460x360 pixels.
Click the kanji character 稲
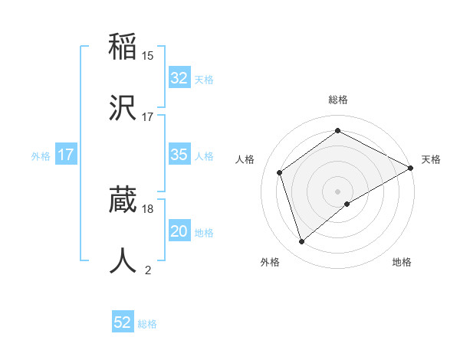[x=123, y=47]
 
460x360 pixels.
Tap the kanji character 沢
[x=123, y=106]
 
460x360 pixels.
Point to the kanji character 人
[x=123, y=260]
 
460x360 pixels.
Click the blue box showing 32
[x=179, y=78]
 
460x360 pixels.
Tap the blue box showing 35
[x=179, y=155]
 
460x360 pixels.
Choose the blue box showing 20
[x=179, y=231]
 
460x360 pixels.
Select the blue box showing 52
[x=123, y=322]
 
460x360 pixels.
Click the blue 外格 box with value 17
[x=66, y=155]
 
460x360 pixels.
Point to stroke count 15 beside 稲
[x=148, y=56]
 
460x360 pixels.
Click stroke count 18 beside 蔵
[x=148, y=208]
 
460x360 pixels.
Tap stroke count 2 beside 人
[x=148, y=270]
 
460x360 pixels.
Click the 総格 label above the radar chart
[x=338, y=100]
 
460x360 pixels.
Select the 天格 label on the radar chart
[x=432, y=159]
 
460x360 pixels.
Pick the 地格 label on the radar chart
[x=402, y=262]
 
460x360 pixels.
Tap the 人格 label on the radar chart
[x=245, y=159]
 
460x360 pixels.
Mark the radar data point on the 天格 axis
[x=411, y=168]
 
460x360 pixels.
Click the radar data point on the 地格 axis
[x=347, y=204]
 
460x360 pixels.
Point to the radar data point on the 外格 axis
[x=302, y=241]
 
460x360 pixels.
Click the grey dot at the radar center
[x=338, y=191]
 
